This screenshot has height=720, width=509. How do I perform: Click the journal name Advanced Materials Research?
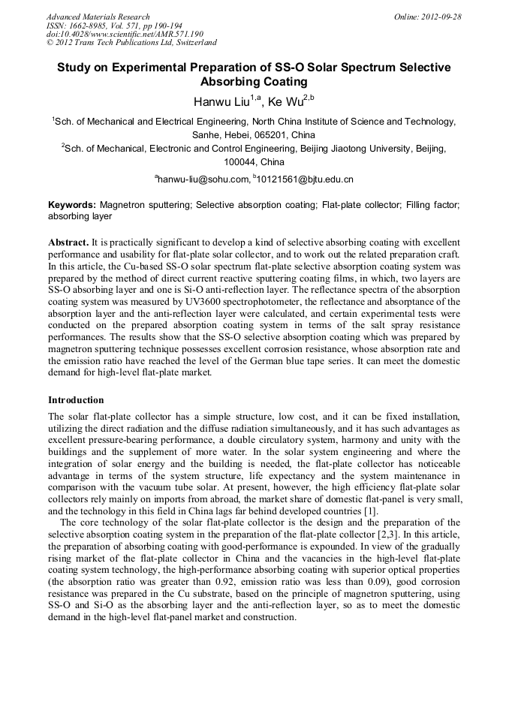[98, 17]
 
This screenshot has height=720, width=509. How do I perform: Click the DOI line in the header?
[125, 35]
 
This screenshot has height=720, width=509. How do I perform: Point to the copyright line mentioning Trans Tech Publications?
[131, 44]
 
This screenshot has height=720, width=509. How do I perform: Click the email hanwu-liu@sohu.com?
[203, 179]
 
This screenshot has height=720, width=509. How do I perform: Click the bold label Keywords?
[72, 205]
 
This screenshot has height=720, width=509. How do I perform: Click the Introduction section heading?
[76, 400]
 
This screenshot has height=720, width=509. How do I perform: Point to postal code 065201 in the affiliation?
[253, 135]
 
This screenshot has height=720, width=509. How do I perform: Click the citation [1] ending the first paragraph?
[371, 511]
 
